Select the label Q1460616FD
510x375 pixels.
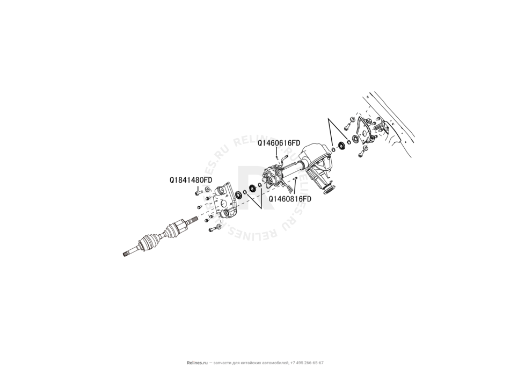(278, 143)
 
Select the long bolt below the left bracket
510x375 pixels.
(212, 230)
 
